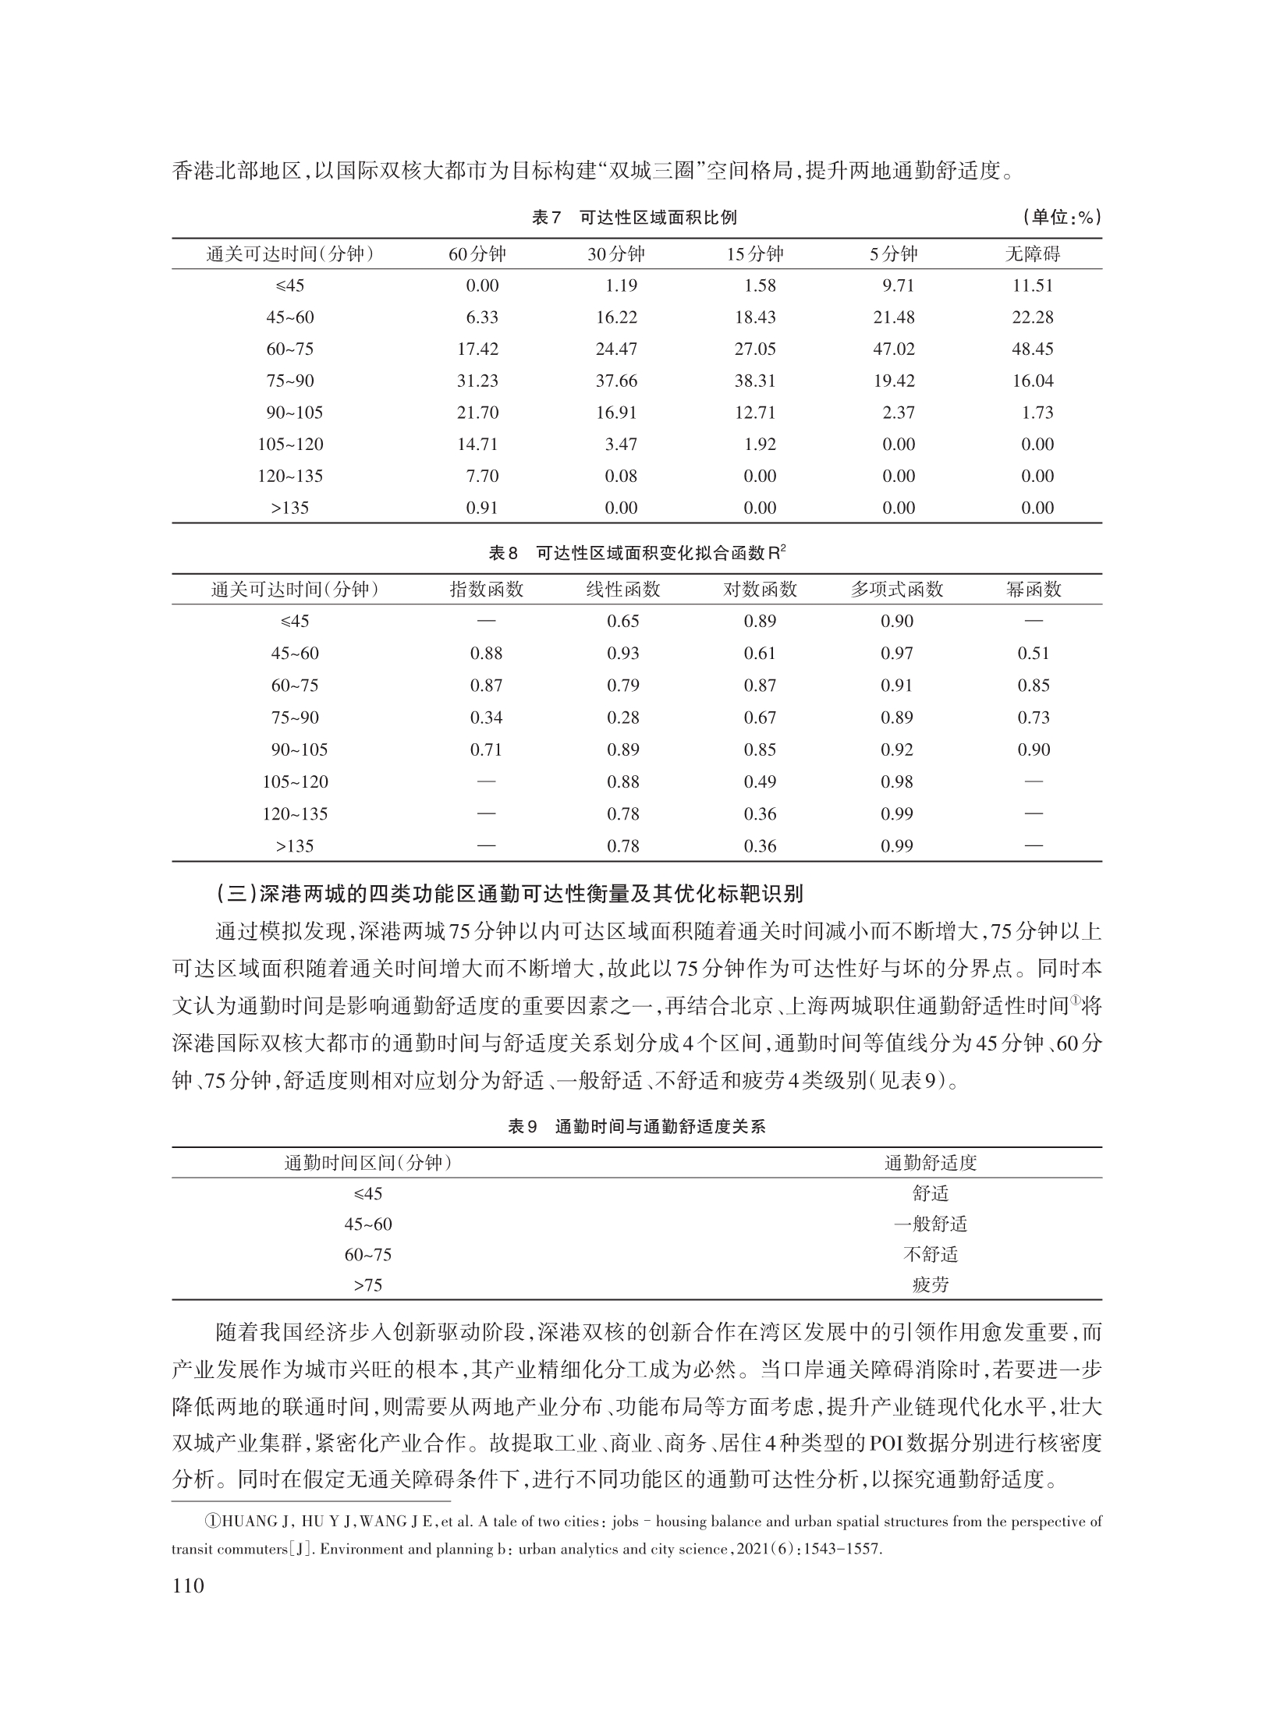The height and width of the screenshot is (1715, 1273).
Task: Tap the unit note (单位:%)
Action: [1062, 218]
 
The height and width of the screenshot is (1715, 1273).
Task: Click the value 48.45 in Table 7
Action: [1033, 349]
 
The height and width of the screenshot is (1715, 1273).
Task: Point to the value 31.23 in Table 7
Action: [477, 381]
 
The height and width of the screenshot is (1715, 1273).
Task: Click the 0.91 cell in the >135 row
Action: [482, 508]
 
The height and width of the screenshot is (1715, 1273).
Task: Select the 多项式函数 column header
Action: [897, 590]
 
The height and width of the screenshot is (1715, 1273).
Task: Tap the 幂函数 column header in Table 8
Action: [1034, 590]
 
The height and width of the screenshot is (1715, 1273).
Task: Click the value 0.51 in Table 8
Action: [1034, 654]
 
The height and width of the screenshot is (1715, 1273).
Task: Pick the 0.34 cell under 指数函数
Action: [486, 718]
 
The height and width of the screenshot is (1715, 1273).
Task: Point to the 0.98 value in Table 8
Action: [897, 781]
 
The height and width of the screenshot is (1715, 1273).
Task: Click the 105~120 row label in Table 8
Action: [296, 781]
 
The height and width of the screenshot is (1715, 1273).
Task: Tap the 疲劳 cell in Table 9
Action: [931, 1284]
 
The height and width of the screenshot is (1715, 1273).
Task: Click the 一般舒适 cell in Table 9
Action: [931, 1224]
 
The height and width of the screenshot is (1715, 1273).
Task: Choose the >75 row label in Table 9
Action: [368, 1284]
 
